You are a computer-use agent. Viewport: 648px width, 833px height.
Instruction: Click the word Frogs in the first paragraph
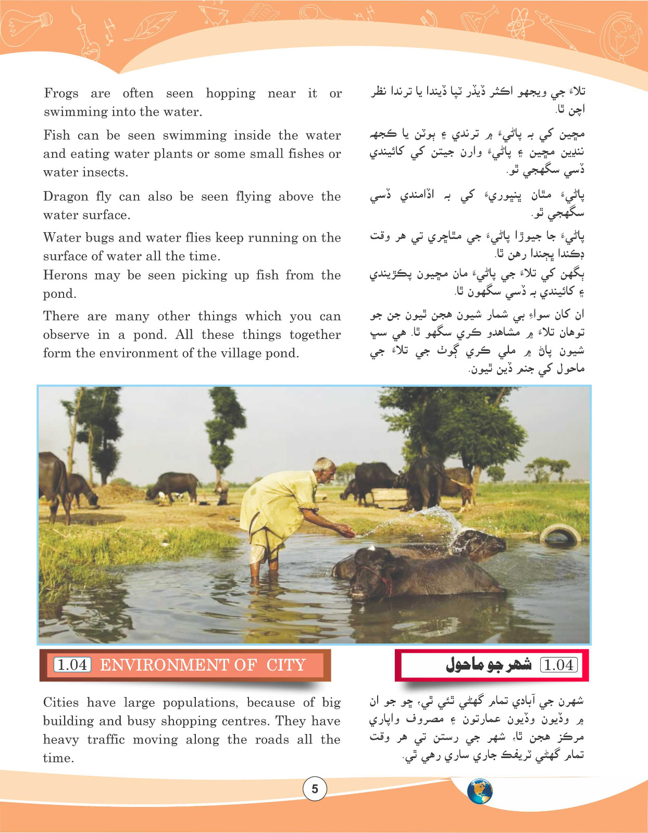click(61, 94)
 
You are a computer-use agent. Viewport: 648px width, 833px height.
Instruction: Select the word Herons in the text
click(65, 275)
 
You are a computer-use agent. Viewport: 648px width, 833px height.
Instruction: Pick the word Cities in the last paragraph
click(61, 703)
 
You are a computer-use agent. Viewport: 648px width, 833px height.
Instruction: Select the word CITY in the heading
click(286, 665)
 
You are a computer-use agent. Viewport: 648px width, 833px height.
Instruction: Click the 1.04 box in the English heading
click(72, 665)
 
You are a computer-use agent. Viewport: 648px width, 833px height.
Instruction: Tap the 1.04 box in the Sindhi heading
click(559, 665)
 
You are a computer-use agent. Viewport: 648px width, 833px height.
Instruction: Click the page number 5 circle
click(315, 789)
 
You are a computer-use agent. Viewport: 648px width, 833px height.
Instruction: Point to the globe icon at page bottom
click(480, 791)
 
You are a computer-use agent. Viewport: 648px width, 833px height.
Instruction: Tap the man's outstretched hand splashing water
click(346, 532)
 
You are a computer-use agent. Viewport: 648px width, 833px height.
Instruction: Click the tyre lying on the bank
click(560, 534)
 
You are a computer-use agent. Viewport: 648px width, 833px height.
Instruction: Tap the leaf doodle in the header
click(142, 26)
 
